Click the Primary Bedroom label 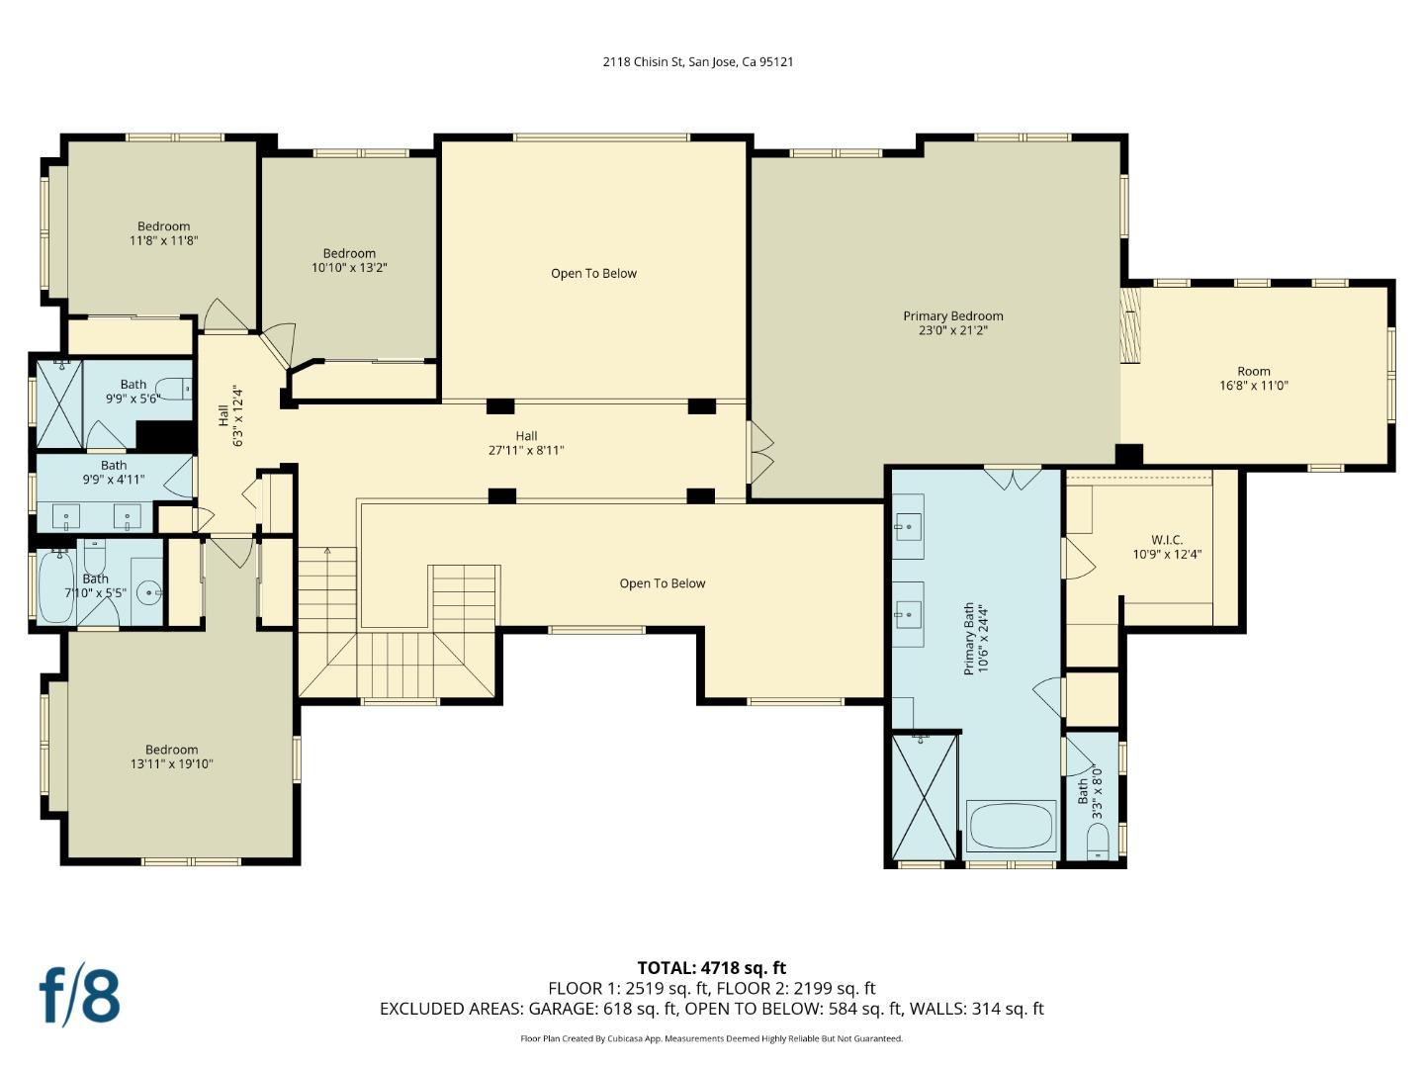(x=952, y=316)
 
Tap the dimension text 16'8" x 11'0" (x=1253, y=387)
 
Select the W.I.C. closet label (x=1166, y=540)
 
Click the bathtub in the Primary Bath (x=1010, y=827)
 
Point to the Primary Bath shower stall (x=925, y=796)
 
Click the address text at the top (x=698, y=61)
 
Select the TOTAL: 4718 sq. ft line (x=711, y=968)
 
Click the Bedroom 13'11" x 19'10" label (x=171, y=750)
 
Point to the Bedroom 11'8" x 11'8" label (x=163, y=226)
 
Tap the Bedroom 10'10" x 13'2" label (x=349, y=253)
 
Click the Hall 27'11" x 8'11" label (x=526, y=436)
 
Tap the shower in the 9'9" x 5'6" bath (x=59, y=404)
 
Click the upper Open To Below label (x=593, y=274)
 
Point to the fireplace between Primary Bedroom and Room (x=1130, y=325)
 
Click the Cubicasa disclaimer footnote (x=711, y=1038)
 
